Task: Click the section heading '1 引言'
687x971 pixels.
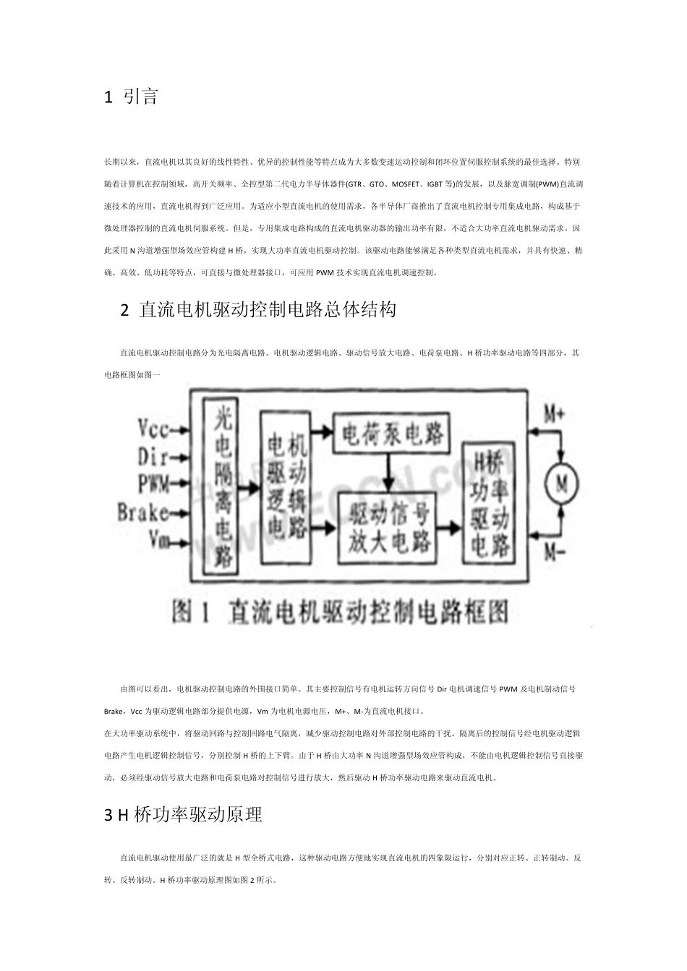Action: (x=132, y=97)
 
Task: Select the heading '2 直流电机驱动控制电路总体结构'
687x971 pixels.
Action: (x=257, y=310)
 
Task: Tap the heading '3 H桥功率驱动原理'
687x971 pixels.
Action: (x=183, y=815)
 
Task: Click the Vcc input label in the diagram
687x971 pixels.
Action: (x=153, y=430)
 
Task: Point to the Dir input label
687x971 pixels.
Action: (x=153, y=457)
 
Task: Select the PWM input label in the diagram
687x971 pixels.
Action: (x=153, y=482)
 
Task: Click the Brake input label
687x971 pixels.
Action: (x=143, y=512)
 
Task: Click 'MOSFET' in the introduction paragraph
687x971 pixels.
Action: (x=401, y=184)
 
